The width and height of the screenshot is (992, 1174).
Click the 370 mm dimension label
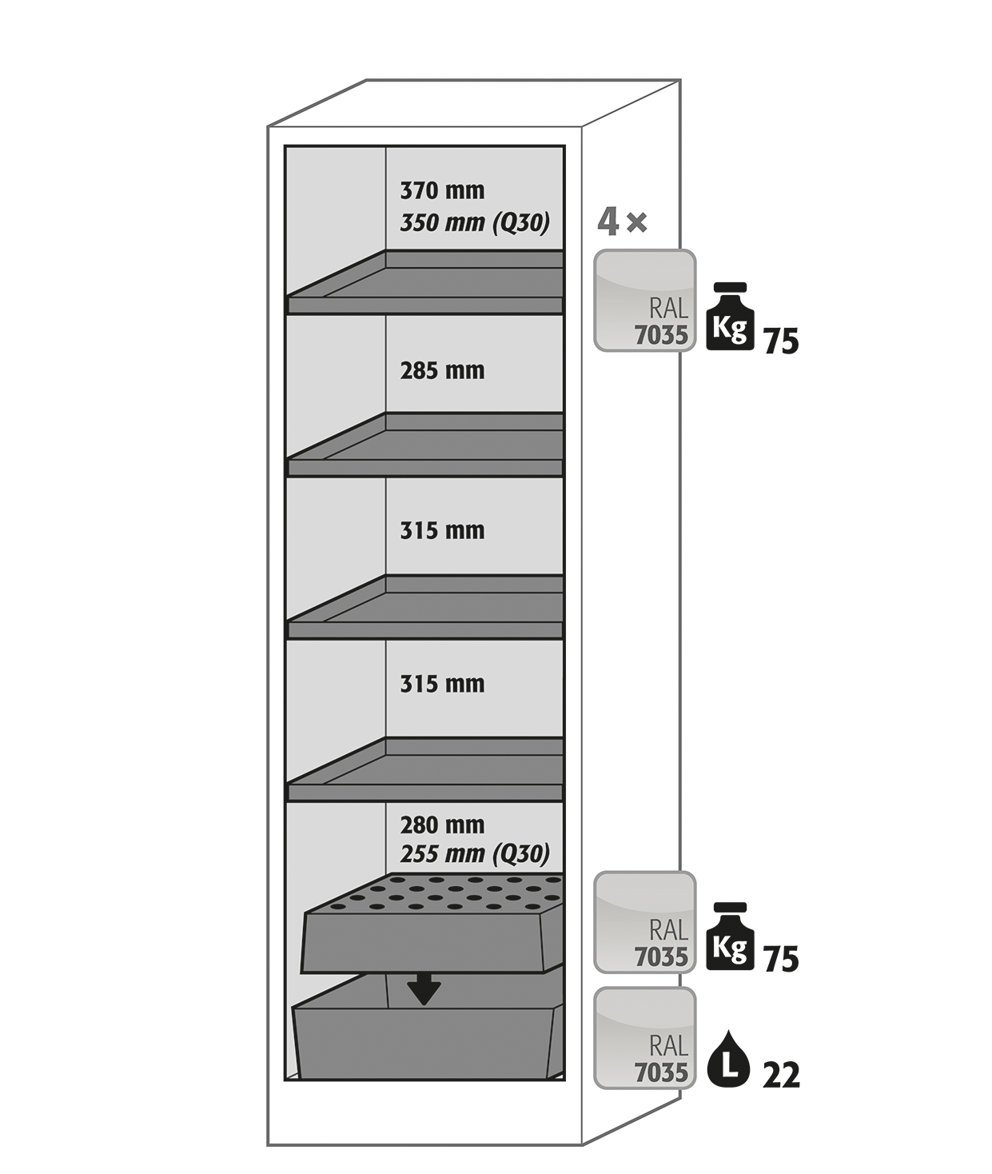click(x=442, y=190)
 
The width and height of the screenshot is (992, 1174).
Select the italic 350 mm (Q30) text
click(x=475, y=222)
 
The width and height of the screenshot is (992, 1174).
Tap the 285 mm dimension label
click(x=442, y=370)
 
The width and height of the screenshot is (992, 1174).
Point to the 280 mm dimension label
click(x=442, y=825)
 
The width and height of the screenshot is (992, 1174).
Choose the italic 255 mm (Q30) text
click(x=475, y=854)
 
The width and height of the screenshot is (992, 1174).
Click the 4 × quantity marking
click(x=622, y=222)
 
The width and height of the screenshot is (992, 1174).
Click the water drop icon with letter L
click(x=728, y=1060)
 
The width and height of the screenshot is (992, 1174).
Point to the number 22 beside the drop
click(x=781, y=1075)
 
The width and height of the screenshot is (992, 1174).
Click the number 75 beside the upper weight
click(x=781, y=341)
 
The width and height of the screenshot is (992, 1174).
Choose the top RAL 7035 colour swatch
click(x=644, y=301)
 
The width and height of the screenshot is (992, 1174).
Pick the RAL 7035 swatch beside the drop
click(x=644, y=1038)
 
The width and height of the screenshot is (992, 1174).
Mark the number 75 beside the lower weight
click(x=781, y=959)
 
